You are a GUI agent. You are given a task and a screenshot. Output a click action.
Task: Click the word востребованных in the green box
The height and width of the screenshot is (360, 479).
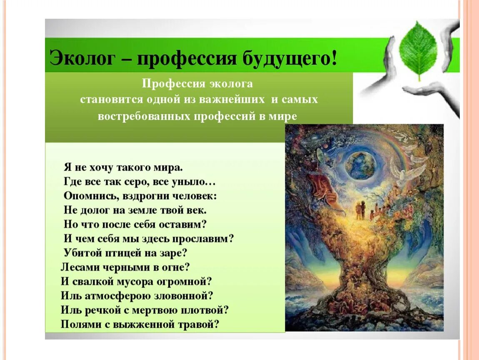pyautogui.click(x=144, y=116)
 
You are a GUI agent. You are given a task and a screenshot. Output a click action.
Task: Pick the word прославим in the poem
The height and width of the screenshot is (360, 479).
pyautogui.click(x=207, y=239)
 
